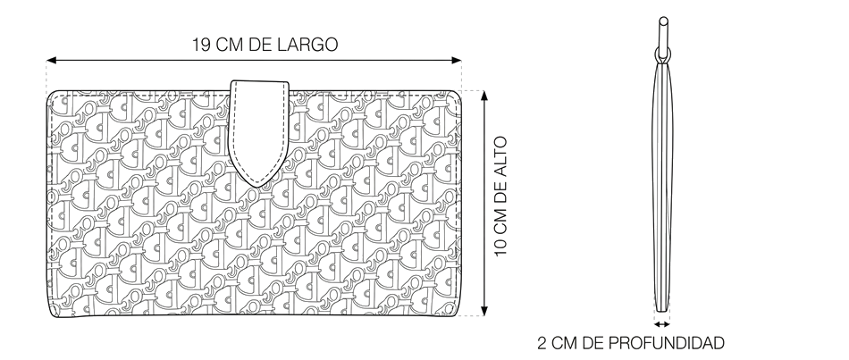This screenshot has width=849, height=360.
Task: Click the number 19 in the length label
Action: click(201, 45)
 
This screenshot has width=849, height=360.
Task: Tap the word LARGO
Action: click(307, 45)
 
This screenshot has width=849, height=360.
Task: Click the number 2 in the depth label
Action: click(542, 343)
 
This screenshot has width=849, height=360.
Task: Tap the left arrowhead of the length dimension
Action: click(52, 61)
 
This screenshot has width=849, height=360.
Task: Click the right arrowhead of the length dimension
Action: click(456, 61)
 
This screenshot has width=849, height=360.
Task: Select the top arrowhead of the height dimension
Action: click(484, 96)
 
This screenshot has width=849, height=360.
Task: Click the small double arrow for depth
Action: click(661, 324)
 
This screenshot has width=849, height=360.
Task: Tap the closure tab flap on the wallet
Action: click(259, 130)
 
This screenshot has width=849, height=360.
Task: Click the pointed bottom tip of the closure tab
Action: click(258, 187)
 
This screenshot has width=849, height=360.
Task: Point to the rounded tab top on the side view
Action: click(663, 21)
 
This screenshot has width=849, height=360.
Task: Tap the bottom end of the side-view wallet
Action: click(662, 311)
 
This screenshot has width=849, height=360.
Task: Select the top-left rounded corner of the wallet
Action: click(52, 96)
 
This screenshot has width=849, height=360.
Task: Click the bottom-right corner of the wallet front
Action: click(458, 313)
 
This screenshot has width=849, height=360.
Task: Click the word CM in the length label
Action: click(230, 45)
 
